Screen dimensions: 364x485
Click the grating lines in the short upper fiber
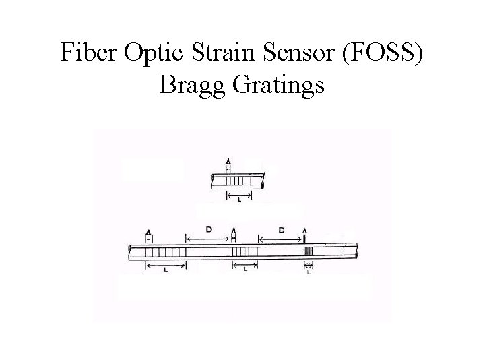click(240, 181)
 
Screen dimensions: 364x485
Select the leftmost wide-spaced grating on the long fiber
click(166, 252)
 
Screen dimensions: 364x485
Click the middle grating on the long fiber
click(244, 252)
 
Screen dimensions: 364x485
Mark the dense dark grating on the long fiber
click(308, 252)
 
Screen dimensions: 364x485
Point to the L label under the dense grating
click(309, 273)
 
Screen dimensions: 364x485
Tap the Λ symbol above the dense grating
click(306, 231)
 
